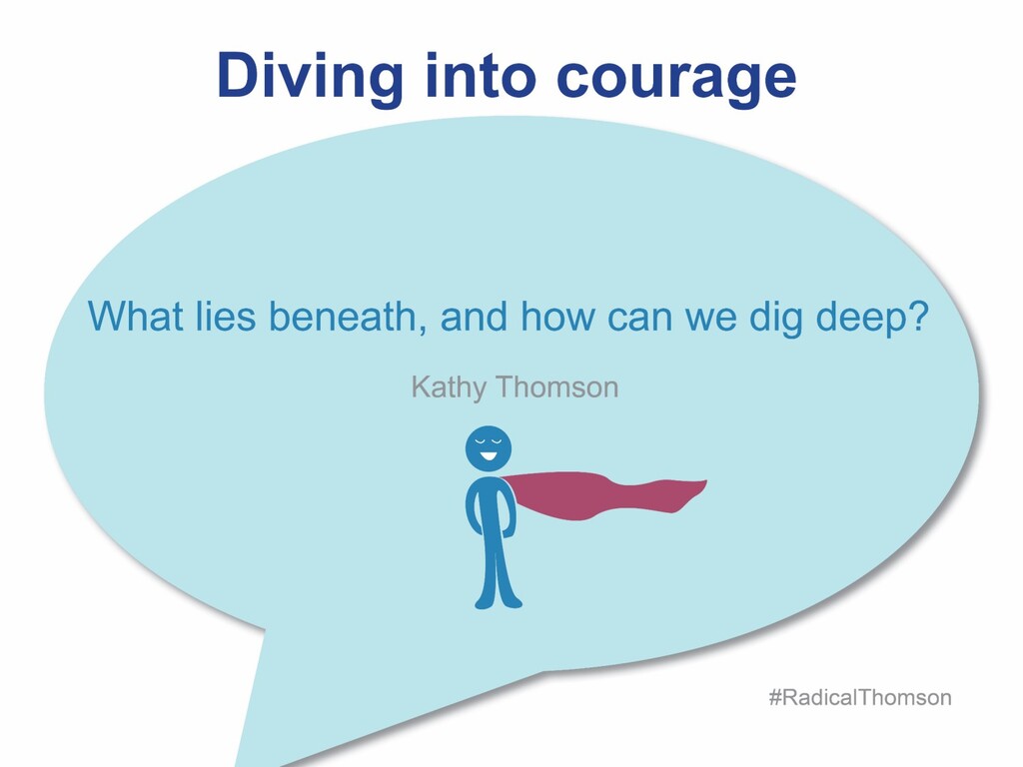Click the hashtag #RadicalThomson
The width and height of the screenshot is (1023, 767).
860,697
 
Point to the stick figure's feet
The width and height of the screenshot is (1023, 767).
498,600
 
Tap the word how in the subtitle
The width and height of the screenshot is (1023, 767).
553,318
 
